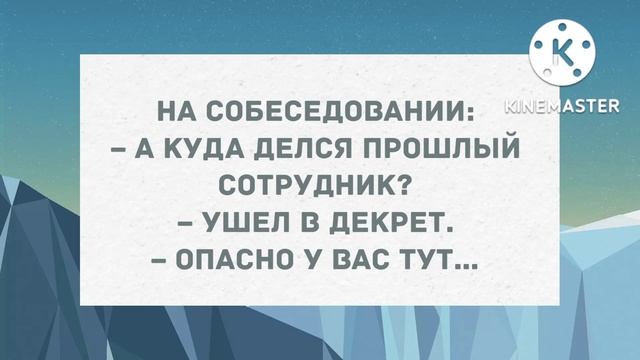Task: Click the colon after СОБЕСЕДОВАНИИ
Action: [x=474, y=109]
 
